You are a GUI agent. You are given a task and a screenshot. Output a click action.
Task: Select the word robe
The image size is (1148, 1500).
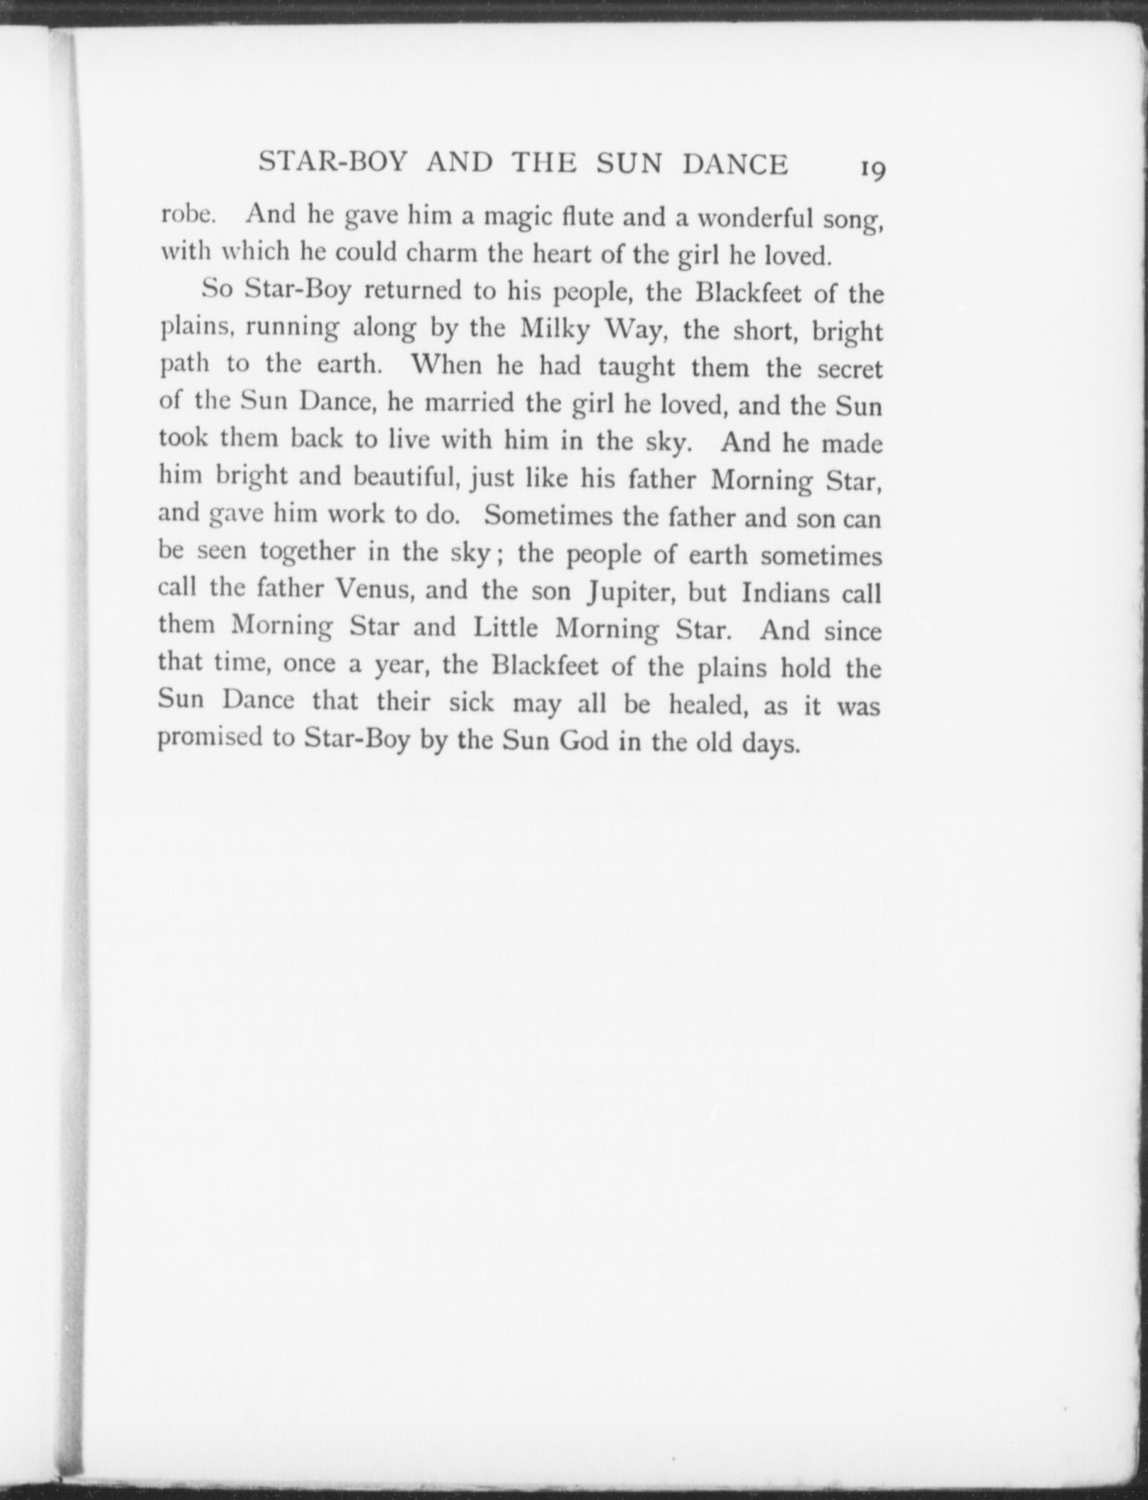click(183, 214)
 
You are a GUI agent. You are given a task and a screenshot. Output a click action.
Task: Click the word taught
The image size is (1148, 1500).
click(641, 368)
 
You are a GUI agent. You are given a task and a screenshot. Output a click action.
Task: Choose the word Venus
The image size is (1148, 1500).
click(374, 589)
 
